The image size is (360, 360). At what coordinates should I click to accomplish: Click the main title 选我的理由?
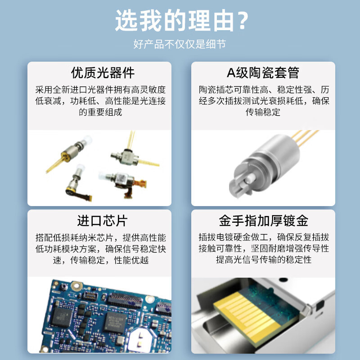coord(180,21)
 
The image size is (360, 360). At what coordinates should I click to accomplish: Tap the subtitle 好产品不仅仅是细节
coord(180,44)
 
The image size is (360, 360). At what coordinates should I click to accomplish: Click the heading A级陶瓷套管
coord(263,72)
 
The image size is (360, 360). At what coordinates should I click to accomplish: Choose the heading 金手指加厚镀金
coord(263,220)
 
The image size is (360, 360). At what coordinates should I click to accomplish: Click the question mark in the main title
coord(242,21)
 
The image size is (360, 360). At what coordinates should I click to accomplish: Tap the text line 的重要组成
coord(100,112)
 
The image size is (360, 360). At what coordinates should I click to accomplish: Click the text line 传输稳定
coord(263,112)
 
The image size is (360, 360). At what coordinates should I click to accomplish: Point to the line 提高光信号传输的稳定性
coord(263,260)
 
